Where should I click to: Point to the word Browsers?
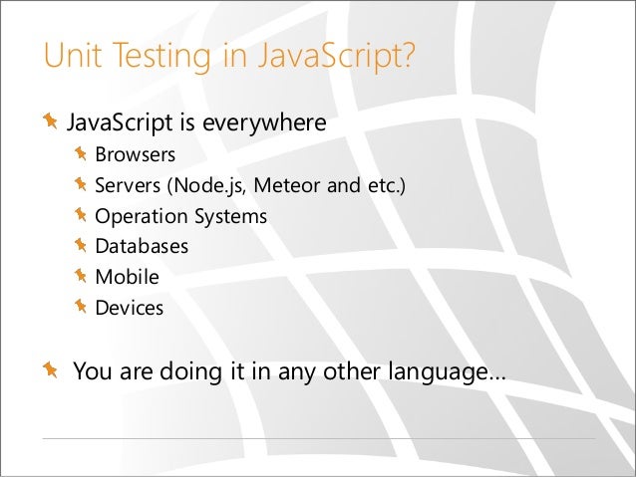[x=135, y=155]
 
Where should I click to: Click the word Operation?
[x=137, y=216]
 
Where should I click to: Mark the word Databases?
[x=141, y=247]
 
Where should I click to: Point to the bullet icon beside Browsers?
[x=81, y=155]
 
